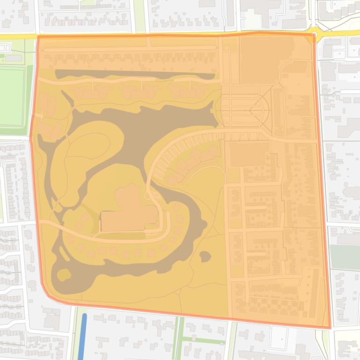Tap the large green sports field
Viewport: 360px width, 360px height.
(12, 96)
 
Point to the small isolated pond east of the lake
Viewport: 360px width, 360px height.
(205, 256)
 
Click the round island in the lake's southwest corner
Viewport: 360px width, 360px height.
(64, 274)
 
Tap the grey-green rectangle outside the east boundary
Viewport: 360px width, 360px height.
(345, 257)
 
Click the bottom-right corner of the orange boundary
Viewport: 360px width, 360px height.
(330, 328)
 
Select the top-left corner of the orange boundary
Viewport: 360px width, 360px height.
(38, 36)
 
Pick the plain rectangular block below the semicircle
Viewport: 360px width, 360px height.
(248, 154)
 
